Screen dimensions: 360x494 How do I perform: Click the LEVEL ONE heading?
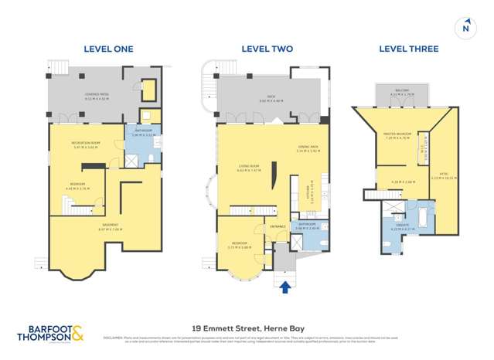point(108,49)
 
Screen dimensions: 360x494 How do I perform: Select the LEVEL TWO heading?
point(267,49)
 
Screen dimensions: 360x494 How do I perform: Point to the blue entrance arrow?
point(284,287)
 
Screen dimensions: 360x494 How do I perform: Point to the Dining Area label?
point(308,149)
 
